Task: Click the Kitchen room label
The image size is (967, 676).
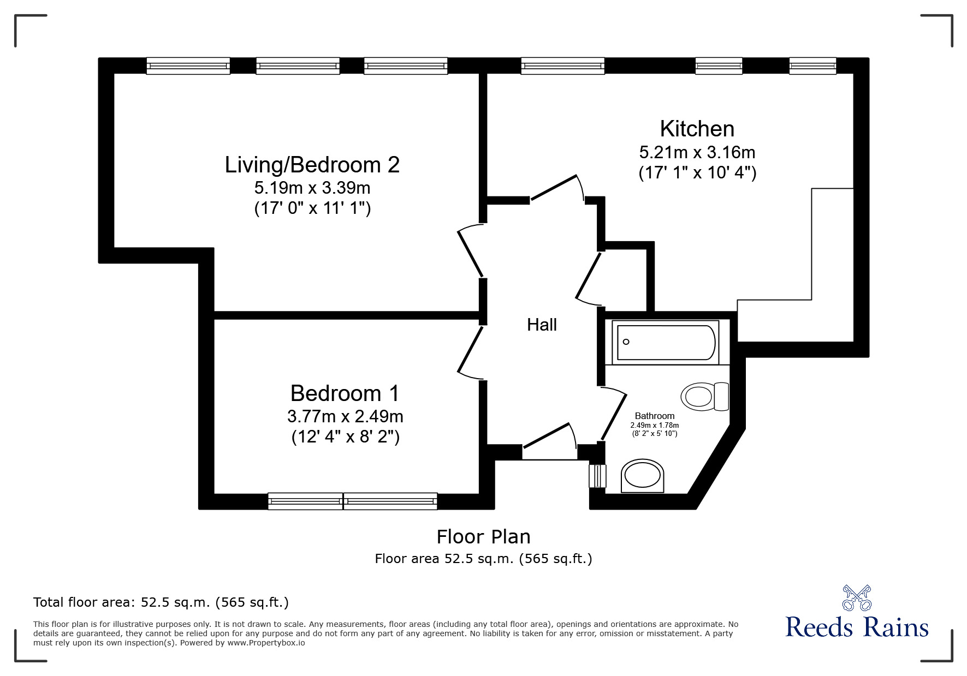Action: (x=697, y=129)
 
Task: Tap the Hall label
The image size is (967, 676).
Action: (x=542, y=325)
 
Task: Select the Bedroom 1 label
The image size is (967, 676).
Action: (x=345, y=393)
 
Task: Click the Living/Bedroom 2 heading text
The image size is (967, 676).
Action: (x=312, y=165)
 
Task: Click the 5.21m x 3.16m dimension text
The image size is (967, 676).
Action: (x=697, y=152)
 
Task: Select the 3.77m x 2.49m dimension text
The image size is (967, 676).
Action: (x=345, y=417)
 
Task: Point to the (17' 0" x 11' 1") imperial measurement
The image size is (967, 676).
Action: (x=312, y=208)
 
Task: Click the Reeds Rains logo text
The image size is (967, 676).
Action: (x=857, y=628)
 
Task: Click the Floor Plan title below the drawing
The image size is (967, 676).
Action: (x=483, y=537)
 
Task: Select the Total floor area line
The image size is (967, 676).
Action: (x=161, y=602)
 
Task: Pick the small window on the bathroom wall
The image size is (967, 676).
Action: (x=598, y=476)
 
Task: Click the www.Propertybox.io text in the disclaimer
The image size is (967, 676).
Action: (x=266, y=643)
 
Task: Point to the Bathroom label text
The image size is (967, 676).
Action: (x=654, y=416)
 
